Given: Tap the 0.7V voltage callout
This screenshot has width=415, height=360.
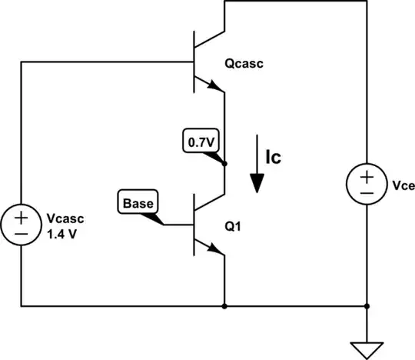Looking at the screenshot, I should [198, 142].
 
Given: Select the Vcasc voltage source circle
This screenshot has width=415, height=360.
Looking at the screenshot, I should [21, 224].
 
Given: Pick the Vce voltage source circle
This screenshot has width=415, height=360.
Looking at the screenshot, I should [367, 185].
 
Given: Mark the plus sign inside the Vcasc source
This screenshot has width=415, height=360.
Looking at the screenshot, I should [21, 216].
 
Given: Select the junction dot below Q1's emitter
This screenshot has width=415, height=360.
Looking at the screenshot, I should [224, 306].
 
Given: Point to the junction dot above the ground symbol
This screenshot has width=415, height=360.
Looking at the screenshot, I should [367, 306].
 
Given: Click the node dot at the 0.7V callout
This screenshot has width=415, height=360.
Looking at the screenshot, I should [224, 163].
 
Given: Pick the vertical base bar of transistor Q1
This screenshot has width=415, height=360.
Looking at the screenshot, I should [194, 225].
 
